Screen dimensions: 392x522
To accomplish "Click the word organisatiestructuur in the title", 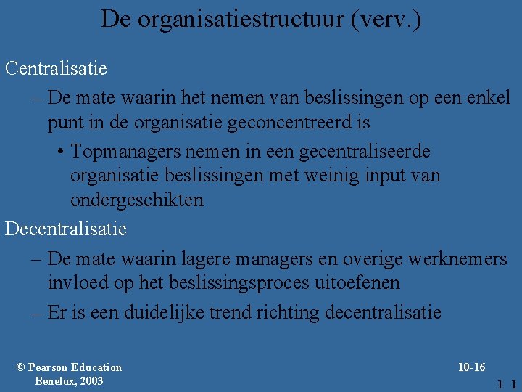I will coord(241,19).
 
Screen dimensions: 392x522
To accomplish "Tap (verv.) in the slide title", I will coord(385,19).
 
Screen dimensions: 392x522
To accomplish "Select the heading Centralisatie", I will coord(56,69).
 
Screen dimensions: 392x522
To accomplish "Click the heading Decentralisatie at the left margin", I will coord(66,229).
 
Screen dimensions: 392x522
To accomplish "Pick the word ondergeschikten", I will coord(137,200).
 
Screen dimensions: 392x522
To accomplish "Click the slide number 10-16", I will coord(472,367).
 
